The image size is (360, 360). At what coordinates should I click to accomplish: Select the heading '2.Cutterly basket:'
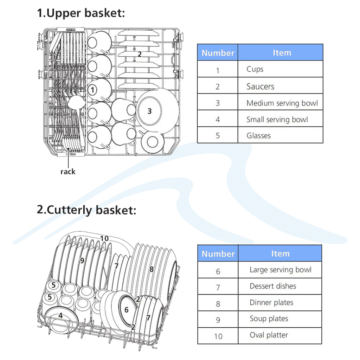coord(86,210)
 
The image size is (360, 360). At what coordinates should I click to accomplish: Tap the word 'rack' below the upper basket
coord(68,172)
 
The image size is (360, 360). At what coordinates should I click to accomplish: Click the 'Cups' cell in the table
coord(255,69)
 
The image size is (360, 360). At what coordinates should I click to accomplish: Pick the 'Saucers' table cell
coord(260,86)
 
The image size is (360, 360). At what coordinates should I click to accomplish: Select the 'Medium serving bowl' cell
coord(282,103)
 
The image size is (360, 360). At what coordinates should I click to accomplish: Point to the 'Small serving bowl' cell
coord(277,120)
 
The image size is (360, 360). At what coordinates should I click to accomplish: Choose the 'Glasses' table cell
coord(258,136)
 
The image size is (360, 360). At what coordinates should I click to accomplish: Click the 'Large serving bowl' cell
coord(280,270)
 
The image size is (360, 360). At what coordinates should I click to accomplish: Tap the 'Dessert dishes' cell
coord(273,286)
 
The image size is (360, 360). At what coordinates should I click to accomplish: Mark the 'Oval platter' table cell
coord(269,335)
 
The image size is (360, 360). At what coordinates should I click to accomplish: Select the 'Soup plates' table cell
coord(269,319)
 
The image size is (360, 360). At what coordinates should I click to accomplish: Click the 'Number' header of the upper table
coord(218,53)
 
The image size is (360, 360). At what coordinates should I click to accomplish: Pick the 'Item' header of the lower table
coord(280,253)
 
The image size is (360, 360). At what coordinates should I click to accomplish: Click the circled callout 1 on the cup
coord(92,90)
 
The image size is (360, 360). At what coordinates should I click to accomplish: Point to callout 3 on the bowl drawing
coord(149,111)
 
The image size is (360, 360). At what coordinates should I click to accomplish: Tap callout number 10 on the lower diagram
coord(104,238)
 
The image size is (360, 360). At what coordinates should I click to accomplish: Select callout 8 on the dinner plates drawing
coord(152,269)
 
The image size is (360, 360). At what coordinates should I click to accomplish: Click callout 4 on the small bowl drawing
coord(60,316)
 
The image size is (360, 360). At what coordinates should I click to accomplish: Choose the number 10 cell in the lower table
coord(218,336)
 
